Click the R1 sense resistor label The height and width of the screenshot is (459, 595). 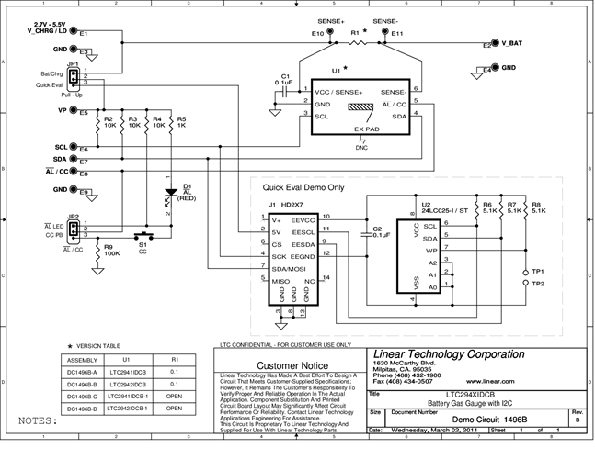tap(355, 31)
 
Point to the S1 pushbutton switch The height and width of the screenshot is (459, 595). tap(143, 236)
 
